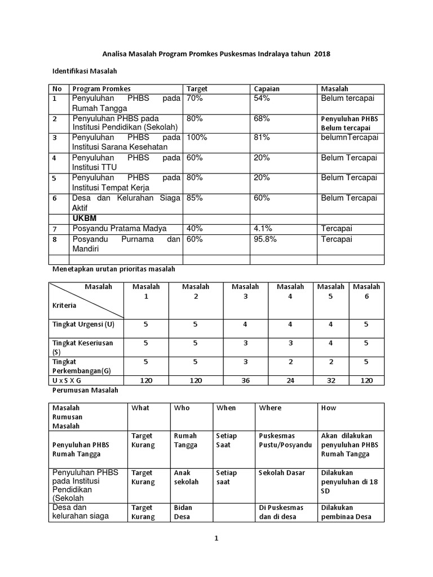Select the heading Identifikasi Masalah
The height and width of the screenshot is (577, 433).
[x=84, y=72]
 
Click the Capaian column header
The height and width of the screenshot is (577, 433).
[x=267, y=88]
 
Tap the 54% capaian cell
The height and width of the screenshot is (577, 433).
[x=262, y=98]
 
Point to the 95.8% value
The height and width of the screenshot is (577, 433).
[x=264, y=239]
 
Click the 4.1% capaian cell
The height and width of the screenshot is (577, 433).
[x=262, y=228]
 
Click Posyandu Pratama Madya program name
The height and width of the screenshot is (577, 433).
[x=120, y=228]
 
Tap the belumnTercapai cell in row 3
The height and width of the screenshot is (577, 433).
[x=350, y=137]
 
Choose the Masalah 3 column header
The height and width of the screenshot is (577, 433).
[x=245, y=291]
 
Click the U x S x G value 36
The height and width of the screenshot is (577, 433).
[x=245, y=380]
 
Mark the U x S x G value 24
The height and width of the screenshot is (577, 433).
[x=290, y=380]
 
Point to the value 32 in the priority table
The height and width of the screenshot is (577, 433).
[x=331, y=380]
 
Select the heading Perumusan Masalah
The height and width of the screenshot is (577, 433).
[x=85, y=390]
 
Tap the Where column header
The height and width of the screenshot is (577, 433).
[x=270, y=407]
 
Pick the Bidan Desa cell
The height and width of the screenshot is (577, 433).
[x=183, y=512]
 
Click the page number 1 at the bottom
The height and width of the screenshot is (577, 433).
[x=215, y=539]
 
